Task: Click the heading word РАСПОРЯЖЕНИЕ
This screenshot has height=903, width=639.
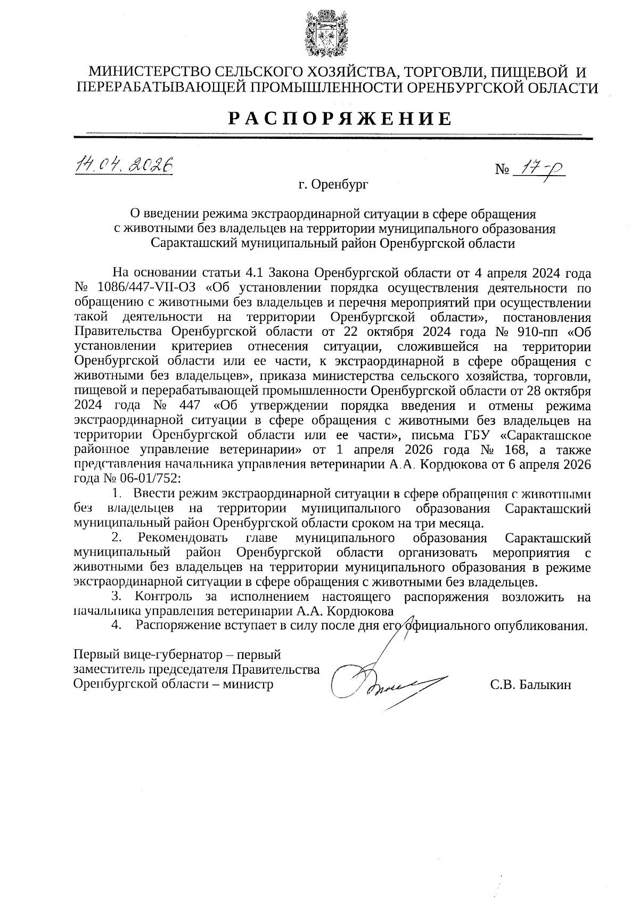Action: pos(340,118)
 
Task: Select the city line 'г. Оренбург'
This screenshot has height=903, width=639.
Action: pos(333,185)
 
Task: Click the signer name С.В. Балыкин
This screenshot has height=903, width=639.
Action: pos(530,685)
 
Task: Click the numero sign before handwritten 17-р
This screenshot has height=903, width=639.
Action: pos(502,170)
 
